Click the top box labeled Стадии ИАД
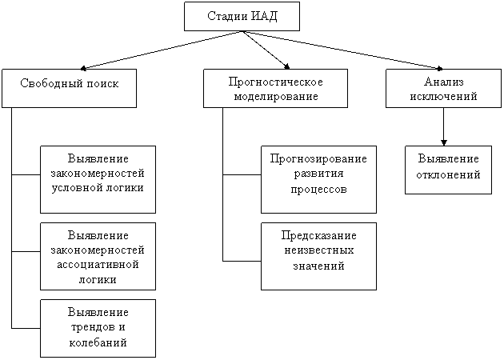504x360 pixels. [x=242, y=16]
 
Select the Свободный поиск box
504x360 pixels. [x=69, y=88]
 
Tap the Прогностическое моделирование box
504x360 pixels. [x=275, y=88]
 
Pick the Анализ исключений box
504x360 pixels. [x=443, y=88]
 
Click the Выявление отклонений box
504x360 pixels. [x=448, y=170]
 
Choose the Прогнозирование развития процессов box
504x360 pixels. [x=318, y=179]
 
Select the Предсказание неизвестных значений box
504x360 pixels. [x=318, y=256]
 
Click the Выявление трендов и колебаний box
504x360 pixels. [x=98, y=328]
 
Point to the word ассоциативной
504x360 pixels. [x=98, y=265]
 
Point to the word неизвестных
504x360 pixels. [x=319, y=250]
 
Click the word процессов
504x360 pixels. [x=319, y=189]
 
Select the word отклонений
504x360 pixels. [x=448, y=175]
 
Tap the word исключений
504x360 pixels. [x=443, y=97]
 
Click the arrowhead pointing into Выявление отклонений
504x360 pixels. [x=444, y=143]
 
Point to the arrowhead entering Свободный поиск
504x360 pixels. [x=83, y=68]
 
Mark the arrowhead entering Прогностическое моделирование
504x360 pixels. [x=286, y=66]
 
